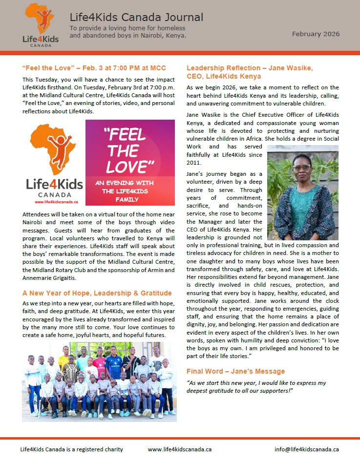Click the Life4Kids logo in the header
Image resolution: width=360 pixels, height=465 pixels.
[x=41, y=25]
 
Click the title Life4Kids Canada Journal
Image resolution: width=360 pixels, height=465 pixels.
[x=136, y=18]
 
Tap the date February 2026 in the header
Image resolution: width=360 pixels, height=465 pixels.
[x=316, y=34]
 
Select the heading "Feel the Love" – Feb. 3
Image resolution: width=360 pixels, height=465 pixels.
[x=94, y=67]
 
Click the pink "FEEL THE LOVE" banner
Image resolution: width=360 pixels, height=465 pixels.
[x=130, y=162]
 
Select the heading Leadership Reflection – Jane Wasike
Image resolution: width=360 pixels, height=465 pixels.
[x=250, y=72]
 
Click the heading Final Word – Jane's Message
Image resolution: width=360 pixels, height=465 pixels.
[x=235, y=371]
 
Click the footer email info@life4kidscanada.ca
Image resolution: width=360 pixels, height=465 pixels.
[x=306, y=449]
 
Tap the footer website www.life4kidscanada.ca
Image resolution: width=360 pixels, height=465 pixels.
[x=179, y=449]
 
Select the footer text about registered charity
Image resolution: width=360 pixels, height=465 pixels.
[x=71, y=449]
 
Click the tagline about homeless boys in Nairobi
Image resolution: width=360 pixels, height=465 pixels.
[x=128, y=32]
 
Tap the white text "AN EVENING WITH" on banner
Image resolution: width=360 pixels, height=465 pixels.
[x=124, y=183]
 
